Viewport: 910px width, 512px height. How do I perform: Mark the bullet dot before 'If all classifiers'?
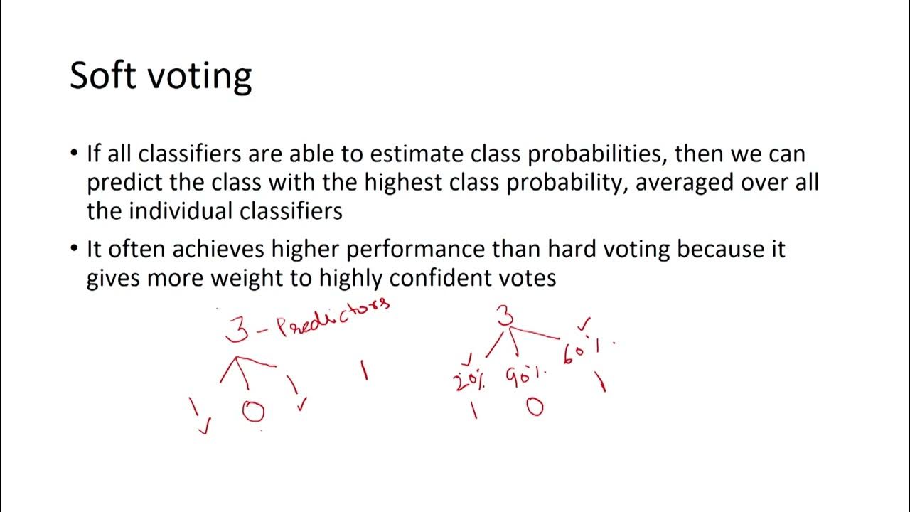coord(75,154)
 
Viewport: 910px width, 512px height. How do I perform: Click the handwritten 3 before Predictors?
coord(237,329)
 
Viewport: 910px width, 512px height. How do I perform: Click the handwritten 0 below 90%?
coord(535,407)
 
